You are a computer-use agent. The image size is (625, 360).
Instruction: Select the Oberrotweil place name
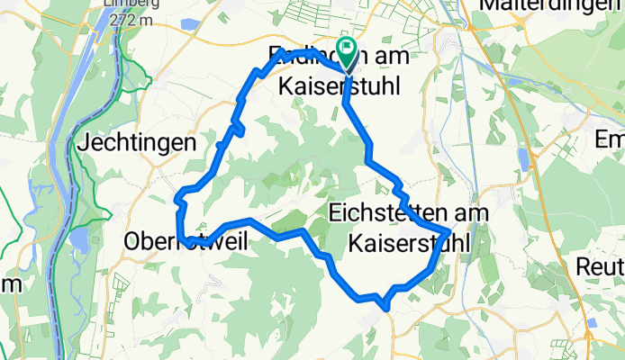180,243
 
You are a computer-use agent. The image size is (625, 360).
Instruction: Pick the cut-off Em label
610,141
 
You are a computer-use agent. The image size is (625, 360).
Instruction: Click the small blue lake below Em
523,160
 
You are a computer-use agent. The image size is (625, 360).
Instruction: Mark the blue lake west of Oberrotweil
80,239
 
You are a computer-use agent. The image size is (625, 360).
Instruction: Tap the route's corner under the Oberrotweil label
182,241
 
